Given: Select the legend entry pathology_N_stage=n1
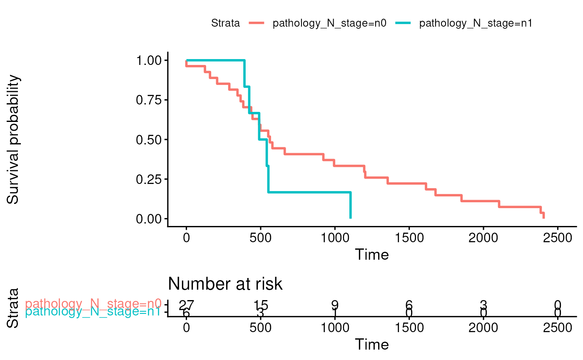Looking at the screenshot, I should pos(476,24).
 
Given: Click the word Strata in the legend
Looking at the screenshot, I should pos(225,24).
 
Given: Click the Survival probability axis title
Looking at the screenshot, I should pos(13,139).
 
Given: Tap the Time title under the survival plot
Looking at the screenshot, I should pos(371,254).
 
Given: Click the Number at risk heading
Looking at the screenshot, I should pos(225,284).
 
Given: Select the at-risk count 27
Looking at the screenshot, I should pos(186,305).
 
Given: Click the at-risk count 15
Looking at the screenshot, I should pos(260,305).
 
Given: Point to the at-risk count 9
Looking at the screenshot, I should pos(335,305).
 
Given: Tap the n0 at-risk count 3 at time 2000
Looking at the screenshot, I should pos(483,305).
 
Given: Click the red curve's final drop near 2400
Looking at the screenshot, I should pos(543,215).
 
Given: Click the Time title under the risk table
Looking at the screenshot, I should pos(371,344).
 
